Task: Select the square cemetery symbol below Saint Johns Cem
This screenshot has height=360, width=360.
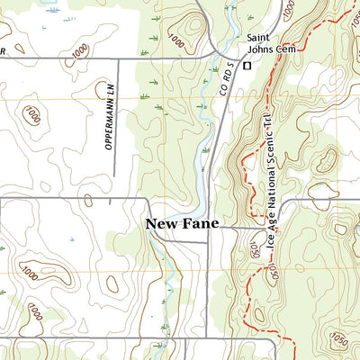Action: click(245, 65)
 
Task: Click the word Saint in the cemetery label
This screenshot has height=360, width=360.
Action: click(260, 38)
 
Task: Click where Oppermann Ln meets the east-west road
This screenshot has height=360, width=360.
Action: click(120, 58)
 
